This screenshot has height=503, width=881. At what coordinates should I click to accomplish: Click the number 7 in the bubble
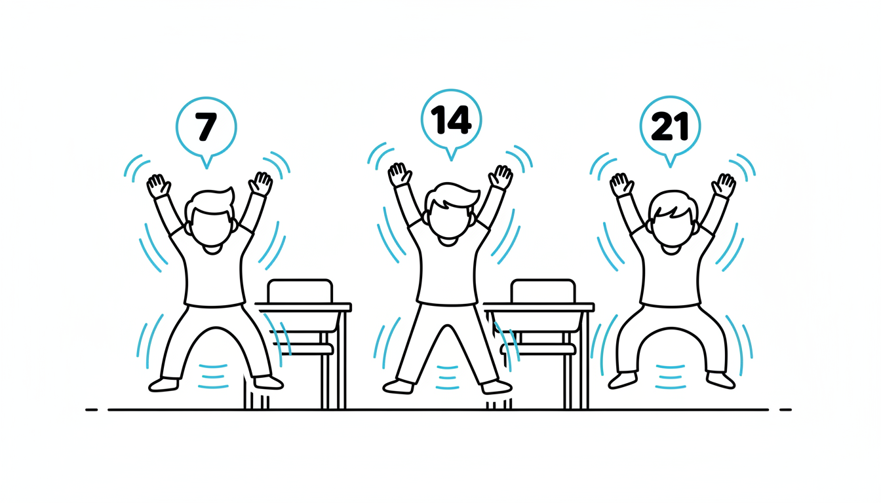206,126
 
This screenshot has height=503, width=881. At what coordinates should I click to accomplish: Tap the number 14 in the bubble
451,119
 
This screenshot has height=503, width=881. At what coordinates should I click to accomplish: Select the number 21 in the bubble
670,126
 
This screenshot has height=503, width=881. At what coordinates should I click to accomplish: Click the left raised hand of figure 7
159,186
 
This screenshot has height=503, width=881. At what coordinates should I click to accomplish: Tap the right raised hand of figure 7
260,183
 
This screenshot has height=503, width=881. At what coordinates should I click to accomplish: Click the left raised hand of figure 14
400,175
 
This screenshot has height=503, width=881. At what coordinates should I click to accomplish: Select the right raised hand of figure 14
500,177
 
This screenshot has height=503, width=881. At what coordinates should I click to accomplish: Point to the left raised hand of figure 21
622,185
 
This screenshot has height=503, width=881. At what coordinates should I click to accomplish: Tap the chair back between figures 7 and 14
300,291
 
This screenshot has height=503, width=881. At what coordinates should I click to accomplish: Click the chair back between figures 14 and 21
543,291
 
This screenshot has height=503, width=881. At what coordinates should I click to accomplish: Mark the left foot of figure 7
164,384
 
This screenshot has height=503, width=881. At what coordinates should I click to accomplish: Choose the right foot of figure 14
497,386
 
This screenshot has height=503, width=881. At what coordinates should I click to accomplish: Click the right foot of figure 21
720,380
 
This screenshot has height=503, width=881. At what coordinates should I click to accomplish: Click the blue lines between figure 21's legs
670,377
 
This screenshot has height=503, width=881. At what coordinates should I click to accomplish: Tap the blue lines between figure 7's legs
213,377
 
